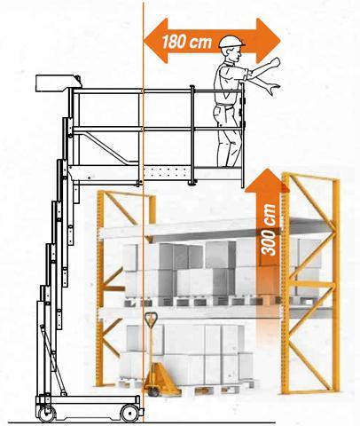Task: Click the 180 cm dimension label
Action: click(187, 42)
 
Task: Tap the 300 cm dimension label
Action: click(269, 230)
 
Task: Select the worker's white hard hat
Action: click(231, 42)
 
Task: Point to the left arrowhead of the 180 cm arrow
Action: click(156, 41)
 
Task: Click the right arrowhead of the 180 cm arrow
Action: click(269, 41)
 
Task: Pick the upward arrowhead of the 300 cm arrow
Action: click(268, 180)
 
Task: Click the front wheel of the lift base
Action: click(130, 413)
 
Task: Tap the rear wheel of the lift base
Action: click(47, 414)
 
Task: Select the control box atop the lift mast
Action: click(59, 83)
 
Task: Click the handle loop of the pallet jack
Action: click(151, 319)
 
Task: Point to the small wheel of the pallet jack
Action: click(153, 392)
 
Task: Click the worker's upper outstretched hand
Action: click(275, 62)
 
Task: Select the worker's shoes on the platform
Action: click(230, 165)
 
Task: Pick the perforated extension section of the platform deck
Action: click(167, 174)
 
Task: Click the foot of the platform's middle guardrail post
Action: click(192, 184)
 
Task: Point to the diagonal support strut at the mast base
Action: click(53, 360)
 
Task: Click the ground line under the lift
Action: click(142, 423)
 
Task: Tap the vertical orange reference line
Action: click(144, 213)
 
